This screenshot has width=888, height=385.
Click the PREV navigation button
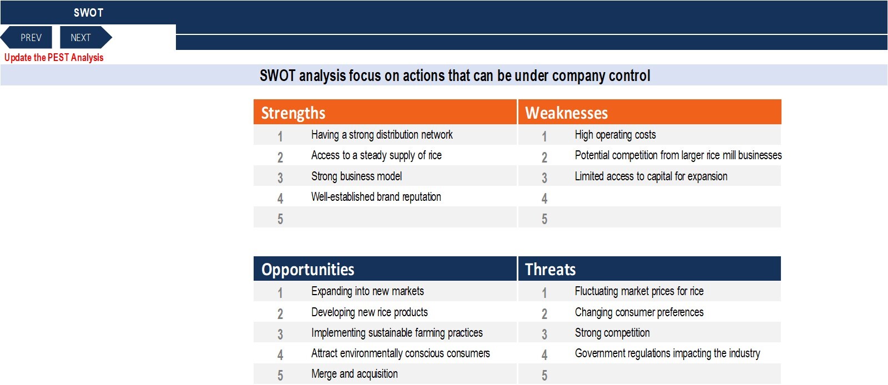(x=27, y=37)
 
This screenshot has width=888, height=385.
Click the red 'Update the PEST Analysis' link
(x=54, y=58)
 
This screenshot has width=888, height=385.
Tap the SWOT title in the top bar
(x=88, y=13)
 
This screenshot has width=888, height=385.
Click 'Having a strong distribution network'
(x=382, y=135)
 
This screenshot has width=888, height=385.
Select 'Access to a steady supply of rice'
(x=376, y=155)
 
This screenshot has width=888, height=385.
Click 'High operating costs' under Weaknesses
(x=615, y=135)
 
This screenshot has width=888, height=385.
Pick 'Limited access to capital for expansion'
(x=651, y=176)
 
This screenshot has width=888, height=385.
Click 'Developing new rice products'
(x=370, y=312)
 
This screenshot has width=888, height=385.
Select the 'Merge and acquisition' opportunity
(x=355, y=373)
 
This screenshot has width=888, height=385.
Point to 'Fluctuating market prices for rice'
(x=639, y=291)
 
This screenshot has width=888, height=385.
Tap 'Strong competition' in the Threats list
(x=612, y=333)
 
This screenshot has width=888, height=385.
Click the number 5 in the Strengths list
(x=280, y=219)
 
